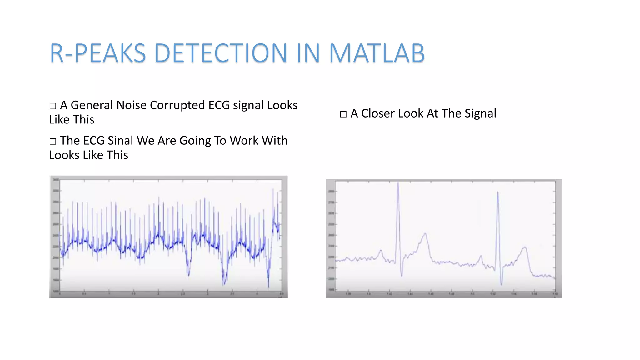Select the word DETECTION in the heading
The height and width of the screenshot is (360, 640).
(220, 53)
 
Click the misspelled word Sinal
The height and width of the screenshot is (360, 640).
(120, 141)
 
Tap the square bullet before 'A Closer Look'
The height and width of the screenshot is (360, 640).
(343, 114)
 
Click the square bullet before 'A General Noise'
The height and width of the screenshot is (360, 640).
(53, 106)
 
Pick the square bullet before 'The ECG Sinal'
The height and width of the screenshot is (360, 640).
(53, 142)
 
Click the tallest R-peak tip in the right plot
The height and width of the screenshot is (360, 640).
(398, 183)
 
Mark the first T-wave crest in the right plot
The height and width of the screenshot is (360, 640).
(425, 233)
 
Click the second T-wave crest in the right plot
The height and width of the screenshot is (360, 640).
(525, 247)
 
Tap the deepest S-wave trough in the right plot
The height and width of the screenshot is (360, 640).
(501, 284)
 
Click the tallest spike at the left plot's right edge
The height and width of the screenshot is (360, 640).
(273, 189)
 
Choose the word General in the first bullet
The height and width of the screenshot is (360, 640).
(92, 105)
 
